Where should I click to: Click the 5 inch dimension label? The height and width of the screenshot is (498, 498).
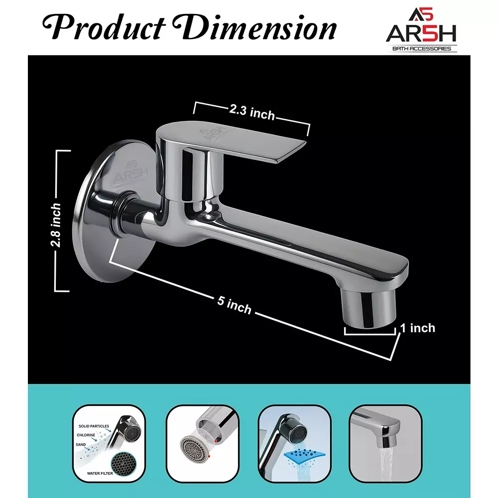pyautogui.click(x=234, y=304)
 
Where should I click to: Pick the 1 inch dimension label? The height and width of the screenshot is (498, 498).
pyautogui.click(x=418, y=328)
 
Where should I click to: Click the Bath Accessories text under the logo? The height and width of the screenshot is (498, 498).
pyautogui.click(x=421, y=48)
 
